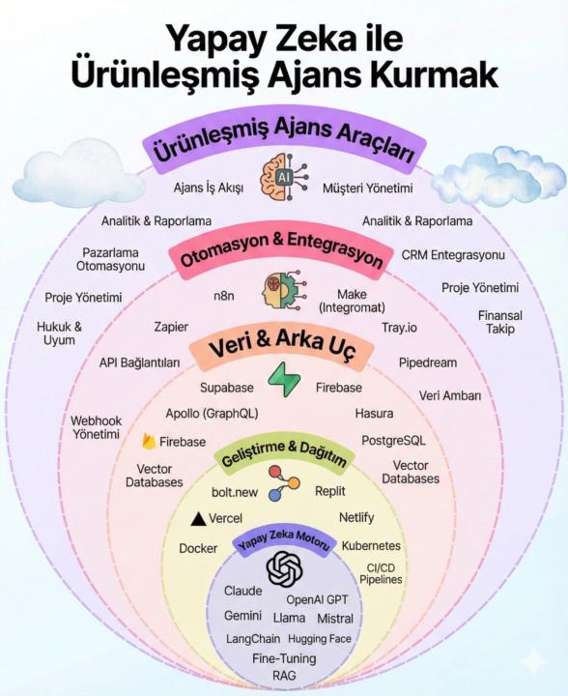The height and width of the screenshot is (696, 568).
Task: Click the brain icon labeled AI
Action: pos(284,179)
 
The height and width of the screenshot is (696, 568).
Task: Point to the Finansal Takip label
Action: pos(500,322)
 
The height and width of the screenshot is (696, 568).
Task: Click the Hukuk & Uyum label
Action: pos(60,333)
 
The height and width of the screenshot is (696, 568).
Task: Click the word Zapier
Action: pos(171,327)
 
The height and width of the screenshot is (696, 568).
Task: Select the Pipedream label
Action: pos(428,362)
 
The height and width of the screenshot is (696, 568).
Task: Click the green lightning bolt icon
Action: pos(284,378)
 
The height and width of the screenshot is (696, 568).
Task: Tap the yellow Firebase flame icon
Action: pos(149,442)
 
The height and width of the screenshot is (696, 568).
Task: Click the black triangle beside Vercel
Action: pos(198,519)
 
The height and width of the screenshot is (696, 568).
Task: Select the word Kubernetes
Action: pos(371,546)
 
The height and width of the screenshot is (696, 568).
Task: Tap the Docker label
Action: pos(198,548)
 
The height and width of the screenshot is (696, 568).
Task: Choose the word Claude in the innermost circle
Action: pos(243,591)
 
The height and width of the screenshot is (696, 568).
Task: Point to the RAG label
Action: pos(284,675)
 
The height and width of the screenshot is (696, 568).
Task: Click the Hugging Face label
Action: pos(320,639)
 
